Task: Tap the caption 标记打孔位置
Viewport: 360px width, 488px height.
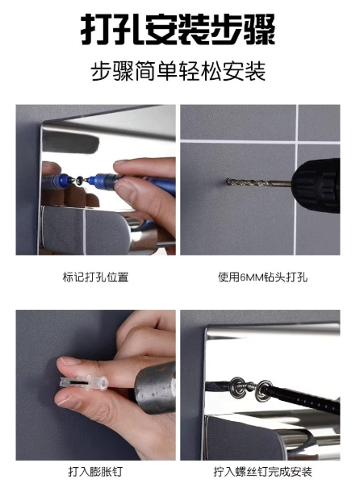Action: click(95, 277)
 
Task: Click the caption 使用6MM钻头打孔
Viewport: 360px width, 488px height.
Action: click(262, 277)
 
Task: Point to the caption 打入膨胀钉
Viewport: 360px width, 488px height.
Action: click(95, 471)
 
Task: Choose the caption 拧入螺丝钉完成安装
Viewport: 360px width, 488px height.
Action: click(262, 471)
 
